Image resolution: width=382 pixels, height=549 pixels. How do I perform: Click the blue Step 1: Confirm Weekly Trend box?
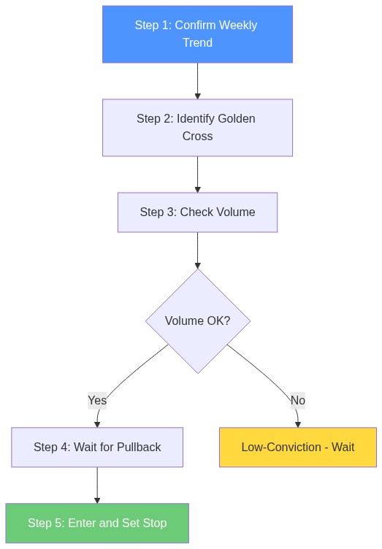coord(197,34)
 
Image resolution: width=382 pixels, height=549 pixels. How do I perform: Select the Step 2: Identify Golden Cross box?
coord(197,128)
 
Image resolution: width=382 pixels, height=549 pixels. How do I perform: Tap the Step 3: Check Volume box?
coord(197,212)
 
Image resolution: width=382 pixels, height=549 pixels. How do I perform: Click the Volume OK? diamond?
coord(197,321)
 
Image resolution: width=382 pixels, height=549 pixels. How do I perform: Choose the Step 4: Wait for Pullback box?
coord(97,447)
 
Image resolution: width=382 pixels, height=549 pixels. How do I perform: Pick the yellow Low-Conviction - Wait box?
coord(298,447)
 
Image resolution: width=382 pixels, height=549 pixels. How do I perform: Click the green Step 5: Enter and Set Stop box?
coord(97,523)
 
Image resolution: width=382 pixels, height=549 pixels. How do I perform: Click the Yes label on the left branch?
coord(97,400)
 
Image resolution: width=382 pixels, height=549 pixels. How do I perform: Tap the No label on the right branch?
coord(297,400)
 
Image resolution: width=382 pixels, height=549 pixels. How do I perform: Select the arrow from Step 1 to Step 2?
coord(197,80)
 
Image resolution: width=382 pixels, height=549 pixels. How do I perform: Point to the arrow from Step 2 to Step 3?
coord(197,174)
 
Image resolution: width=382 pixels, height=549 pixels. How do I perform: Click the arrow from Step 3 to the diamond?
coord(197,250)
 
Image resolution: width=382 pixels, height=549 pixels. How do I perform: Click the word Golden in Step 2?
coord(237,119)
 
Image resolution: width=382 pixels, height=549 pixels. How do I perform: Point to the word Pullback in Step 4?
coord(137,447)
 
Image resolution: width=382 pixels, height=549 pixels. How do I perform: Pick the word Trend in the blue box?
coord(197,43)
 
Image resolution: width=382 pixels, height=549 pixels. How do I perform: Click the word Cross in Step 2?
coord(197,137)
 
